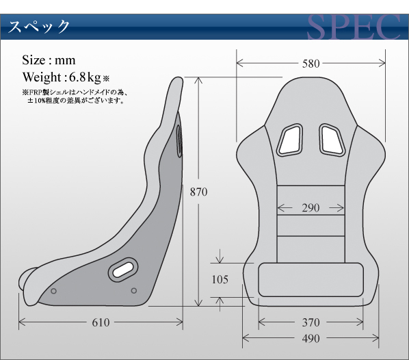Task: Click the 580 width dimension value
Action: click(x=311, y=64)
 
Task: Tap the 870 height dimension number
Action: click(x=198, y=192)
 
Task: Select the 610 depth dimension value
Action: click(x=101, y=322)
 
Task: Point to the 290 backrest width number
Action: click(x=311, y=208)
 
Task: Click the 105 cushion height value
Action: click(x=220, y=279)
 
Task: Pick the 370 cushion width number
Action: click(x=311, y=322)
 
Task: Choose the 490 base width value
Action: click(x=311, y=338)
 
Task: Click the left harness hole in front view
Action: click(x=290, y=140)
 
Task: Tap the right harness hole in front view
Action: click(x=332, y=140)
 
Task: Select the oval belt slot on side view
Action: click(x=123, y=270)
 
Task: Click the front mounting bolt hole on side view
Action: click(x=53, y=291)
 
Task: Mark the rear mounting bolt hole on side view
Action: click(x=134, y=291)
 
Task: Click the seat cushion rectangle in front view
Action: click(x=311, y=280)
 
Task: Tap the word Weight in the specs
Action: click(x=42, y=77)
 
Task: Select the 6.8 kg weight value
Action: click(x=85, y=77)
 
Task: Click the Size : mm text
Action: click(x=49, y=60)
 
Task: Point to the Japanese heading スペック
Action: click(x=39, y=27)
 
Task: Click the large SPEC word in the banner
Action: click(x=354, y=27)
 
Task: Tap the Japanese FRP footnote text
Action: click(x=75, y=97)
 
